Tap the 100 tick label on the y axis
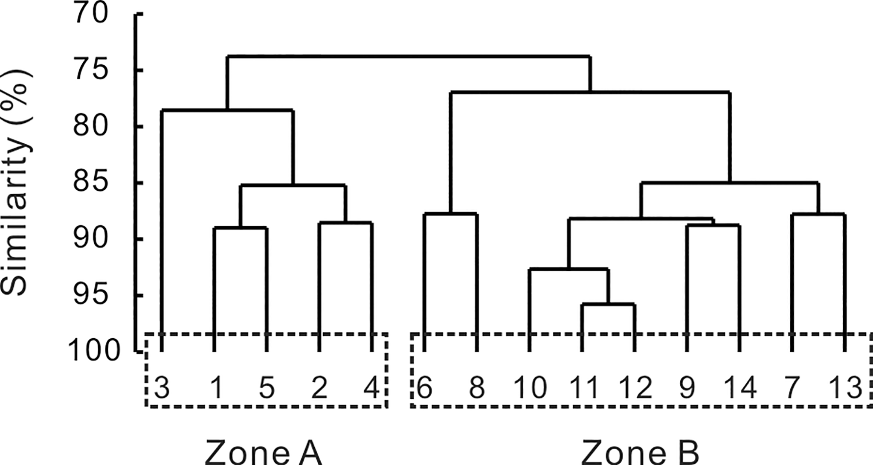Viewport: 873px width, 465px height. [93, 352]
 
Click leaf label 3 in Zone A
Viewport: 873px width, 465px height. [162, 388]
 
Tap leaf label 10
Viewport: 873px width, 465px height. [530, 388]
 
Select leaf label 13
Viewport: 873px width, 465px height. [845, 388]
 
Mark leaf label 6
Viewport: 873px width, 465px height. [424, 388]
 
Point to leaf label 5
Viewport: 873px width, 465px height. [267, 388]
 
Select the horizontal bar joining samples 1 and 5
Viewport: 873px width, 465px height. [241, 228]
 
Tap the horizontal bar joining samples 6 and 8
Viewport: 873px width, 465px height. [451, 214]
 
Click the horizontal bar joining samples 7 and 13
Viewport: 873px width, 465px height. [818, 215]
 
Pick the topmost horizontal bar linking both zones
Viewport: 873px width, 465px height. [409, 56]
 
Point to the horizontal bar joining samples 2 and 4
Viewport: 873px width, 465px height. [346, 223]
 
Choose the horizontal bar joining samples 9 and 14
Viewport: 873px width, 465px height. [713, 226]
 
